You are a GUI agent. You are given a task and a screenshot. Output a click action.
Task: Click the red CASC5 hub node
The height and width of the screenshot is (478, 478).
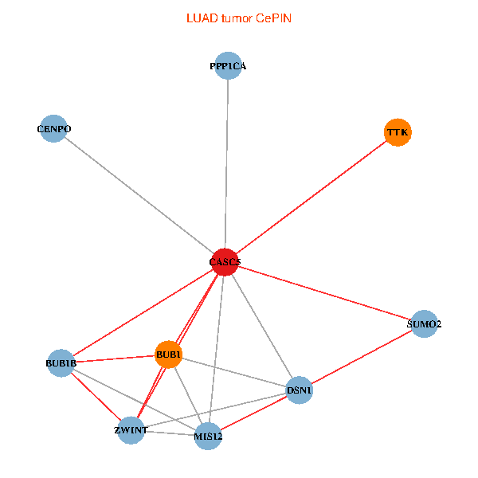(225, 262)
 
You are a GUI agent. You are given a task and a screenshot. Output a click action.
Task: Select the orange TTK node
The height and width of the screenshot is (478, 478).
(398, 131)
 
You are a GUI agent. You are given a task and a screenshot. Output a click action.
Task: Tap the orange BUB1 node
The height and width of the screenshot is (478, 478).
(169, 355)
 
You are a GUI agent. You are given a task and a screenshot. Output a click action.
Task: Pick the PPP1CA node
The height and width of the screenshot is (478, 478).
(229, 66)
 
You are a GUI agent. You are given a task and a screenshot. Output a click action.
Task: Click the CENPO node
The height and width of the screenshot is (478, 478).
(54, 128)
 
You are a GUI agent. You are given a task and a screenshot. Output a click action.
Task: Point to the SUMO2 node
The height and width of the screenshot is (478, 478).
(424, 324)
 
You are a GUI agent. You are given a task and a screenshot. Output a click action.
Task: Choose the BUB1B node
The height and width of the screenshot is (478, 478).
(61, 364)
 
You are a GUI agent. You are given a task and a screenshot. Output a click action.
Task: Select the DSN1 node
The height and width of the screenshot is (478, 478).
(299, 390)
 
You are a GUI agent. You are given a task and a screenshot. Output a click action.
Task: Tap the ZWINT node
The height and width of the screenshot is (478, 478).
(131, 430)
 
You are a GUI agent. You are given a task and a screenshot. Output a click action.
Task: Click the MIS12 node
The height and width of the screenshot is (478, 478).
(208, 437)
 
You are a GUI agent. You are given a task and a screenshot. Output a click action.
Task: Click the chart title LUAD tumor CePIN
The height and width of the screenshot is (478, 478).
(239, 18)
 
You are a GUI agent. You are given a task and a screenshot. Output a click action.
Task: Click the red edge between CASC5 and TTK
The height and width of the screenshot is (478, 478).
(311, 197)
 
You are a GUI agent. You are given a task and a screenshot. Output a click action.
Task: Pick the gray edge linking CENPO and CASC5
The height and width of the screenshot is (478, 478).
(139, 195)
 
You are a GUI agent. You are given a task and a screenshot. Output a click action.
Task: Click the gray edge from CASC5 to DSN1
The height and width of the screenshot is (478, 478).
(262, 326)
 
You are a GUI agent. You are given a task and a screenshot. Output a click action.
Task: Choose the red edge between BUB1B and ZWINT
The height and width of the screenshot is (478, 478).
(96, 397)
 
